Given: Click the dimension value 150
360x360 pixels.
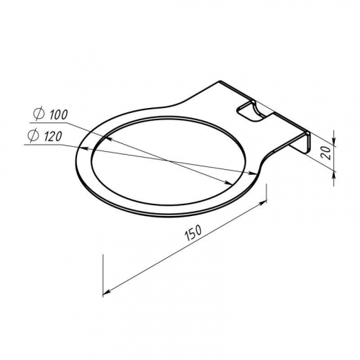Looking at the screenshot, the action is point(194,233).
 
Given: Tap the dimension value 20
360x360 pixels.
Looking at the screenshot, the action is point(327,153).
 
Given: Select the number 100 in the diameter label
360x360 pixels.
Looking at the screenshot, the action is point(58,115).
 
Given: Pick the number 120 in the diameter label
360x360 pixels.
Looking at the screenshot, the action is point(53,137).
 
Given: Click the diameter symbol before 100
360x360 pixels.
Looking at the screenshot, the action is point(39,114).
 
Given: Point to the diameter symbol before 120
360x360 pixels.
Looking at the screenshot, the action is point(33,136).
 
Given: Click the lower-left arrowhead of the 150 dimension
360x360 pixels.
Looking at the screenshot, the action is point(107,292).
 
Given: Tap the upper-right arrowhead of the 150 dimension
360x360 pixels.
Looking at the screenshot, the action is point(264,203).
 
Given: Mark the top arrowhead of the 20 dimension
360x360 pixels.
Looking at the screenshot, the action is point(333,142).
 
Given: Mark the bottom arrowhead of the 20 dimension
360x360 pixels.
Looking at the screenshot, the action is point(333,175).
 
